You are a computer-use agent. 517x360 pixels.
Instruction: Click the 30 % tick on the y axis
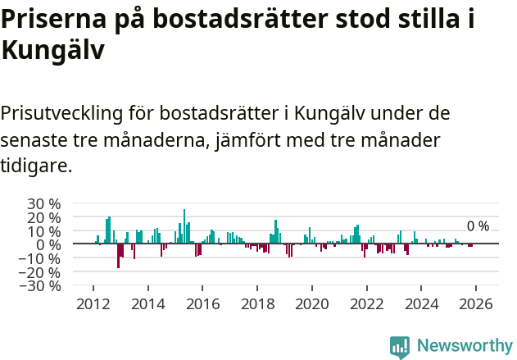click(44, 203)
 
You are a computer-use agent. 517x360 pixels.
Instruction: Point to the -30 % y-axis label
click(42, 286)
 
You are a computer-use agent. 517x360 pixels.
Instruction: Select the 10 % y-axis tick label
click(44, 231)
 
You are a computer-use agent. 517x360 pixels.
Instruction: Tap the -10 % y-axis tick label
click(42, 258)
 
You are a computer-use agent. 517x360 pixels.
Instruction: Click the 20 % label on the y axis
click(44, 217)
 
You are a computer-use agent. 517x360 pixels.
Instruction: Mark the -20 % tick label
click(42, 272)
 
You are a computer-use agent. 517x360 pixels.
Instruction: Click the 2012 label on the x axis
click(93, 303)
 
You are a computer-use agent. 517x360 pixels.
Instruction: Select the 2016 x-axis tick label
click(202, 303)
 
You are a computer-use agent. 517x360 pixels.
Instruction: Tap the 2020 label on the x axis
click(312, 303)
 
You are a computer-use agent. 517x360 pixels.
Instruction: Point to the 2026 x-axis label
click(476, 303)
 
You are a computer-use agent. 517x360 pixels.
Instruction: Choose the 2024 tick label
click(421, 303)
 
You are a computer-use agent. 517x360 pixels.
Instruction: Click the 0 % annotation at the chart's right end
click(478, 226)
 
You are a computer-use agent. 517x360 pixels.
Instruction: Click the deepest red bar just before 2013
click(118, 256)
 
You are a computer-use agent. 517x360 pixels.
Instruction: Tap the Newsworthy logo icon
click(400, 347)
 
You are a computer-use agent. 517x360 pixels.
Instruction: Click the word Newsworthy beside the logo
click(465, 347)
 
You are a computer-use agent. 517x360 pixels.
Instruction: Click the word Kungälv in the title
click(52, 51)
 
